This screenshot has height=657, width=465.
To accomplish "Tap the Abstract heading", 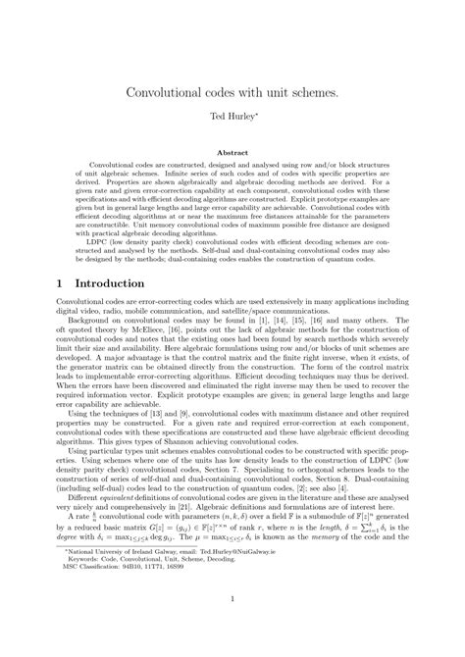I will point(232,153).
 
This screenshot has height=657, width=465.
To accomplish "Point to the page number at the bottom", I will point(232,629).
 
